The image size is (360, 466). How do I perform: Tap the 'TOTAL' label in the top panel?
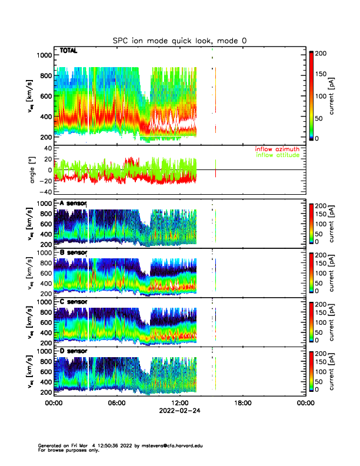tap(69, 51)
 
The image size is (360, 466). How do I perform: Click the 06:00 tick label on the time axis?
tap(116, 403)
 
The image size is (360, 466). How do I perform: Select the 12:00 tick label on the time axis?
tap(179, 403)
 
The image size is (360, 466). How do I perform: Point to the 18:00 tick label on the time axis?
tap(242, 403)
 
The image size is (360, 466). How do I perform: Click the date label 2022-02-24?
tap(179, 411)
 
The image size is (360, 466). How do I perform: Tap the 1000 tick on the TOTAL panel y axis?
tap(44, 55)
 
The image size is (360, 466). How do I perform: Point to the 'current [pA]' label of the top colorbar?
tap(340, 95)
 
